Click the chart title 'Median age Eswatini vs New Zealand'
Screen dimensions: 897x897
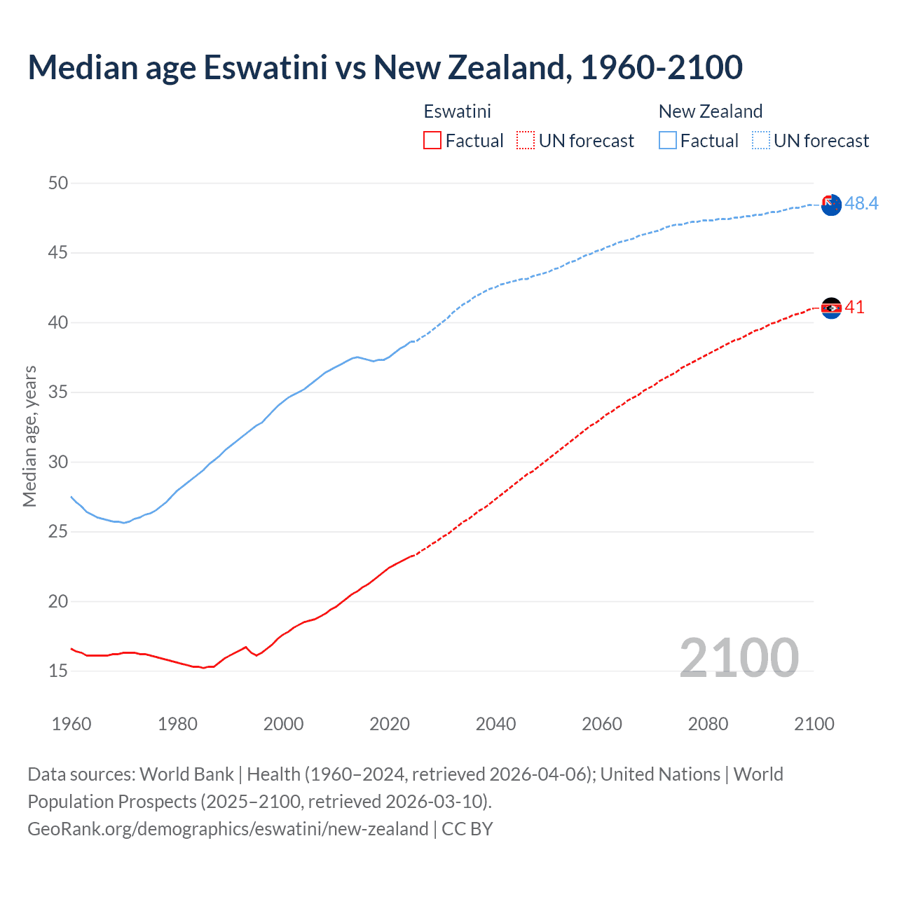(x=385, y=67)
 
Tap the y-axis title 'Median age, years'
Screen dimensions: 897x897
(x=29, y=436)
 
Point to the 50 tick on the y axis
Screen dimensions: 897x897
(x=58, y=183)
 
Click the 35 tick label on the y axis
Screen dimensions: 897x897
(x=58, y=392)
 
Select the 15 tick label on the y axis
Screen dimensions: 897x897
(x=58, y=671)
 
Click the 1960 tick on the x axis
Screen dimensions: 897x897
(x=71, y=724)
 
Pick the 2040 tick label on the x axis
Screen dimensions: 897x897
(x=495, y=724)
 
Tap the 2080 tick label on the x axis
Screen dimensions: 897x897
(x=708, y=724)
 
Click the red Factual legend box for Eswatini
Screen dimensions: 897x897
(x=432, y=141)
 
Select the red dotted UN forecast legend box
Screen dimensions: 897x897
(x=526, y=141)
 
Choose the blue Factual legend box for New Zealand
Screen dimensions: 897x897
(x=668, y=141)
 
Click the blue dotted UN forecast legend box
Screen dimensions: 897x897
(x=761, y=141)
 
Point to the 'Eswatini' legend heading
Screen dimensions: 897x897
(x=457, y=111)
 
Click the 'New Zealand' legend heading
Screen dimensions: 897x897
(x=710, y=111)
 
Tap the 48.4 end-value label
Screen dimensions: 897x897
(x=861, y=203)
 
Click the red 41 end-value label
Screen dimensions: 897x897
(x=854, y=308)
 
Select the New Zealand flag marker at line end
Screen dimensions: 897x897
(x=831, y=205)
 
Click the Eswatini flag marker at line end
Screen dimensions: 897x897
(x=831, y=308)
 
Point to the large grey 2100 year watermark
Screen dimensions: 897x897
(x=739, y=657)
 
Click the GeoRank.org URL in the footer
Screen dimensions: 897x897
(x=228, y=829)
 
